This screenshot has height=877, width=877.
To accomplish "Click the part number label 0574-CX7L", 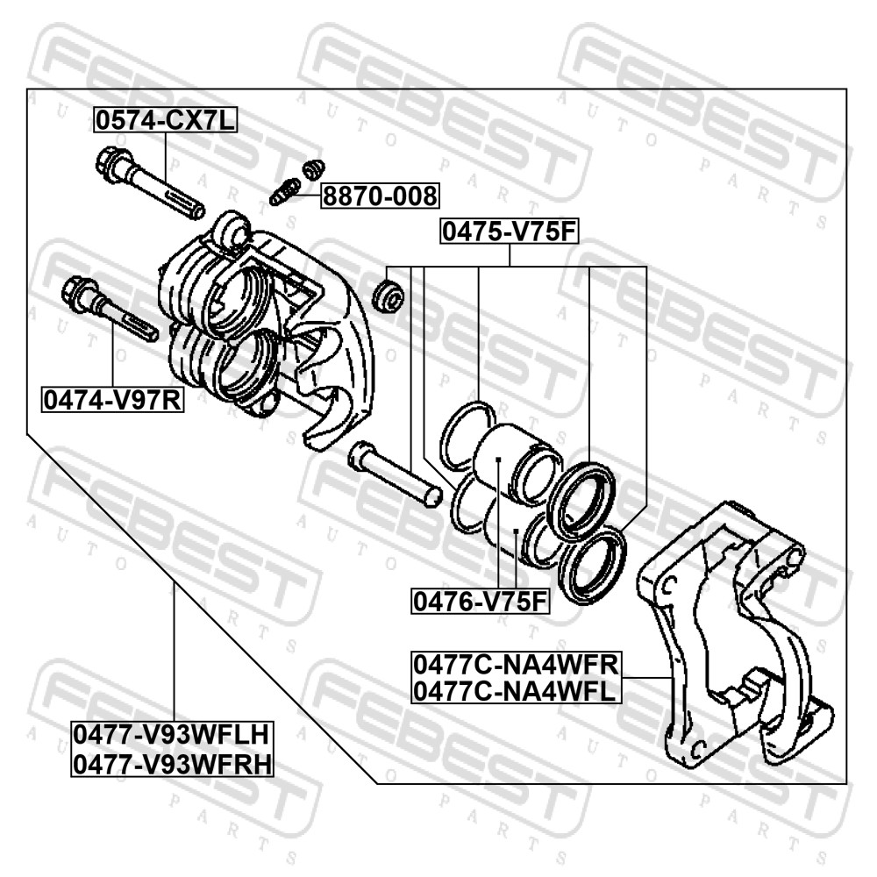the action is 165,119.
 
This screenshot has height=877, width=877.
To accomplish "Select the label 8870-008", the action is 381,196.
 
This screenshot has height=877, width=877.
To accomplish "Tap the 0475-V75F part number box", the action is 509,231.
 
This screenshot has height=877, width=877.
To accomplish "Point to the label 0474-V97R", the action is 112,400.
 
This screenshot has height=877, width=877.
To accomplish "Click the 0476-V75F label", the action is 480,602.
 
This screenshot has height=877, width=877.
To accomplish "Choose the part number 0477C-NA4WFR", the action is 517,665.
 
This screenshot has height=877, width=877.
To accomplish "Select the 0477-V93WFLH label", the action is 172,734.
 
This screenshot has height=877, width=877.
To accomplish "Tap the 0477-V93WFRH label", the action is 172,764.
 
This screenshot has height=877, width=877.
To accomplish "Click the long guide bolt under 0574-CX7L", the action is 150,182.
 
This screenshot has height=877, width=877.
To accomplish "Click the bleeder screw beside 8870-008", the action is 285,191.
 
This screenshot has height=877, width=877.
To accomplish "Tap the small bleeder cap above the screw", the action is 313,169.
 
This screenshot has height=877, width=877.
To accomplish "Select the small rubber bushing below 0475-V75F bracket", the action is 388,296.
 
